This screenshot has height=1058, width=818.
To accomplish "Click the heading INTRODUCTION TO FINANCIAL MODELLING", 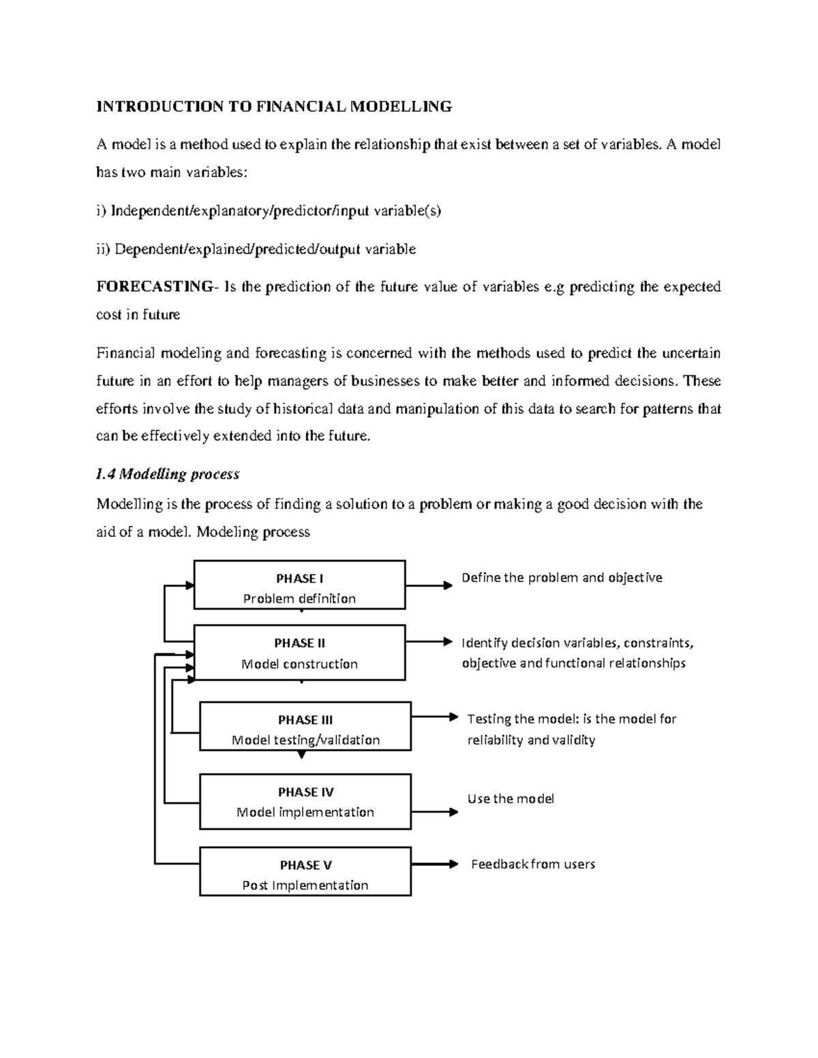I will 274,106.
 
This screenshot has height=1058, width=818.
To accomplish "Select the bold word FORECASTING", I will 154,286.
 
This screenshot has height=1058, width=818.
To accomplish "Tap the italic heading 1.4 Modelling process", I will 168,474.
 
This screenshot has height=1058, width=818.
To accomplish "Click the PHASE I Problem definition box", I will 299,585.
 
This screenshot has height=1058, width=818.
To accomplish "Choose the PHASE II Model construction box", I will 299,653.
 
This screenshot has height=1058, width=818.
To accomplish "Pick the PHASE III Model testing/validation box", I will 305,726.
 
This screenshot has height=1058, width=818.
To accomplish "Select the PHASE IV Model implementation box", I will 305,801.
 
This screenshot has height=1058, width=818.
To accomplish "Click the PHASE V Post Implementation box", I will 305,871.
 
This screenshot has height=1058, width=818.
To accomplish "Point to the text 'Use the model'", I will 511,798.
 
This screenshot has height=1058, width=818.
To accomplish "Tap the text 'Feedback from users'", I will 533,864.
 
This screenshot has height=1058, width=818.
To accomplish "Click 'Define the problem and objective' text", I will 562,578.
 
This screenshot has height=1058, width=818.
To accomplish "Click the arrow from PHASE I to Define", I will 429,585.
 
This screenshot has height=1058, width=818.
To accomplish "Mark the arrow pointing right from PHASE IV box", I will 434,811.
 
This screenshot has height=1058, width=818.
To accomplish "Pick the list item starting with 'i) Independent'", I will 269,211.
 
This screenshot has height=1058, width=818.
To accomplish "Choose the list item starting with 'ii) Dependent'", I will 256,249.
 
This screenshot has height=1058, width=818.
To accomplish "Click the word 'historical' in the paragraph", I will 303,409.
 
